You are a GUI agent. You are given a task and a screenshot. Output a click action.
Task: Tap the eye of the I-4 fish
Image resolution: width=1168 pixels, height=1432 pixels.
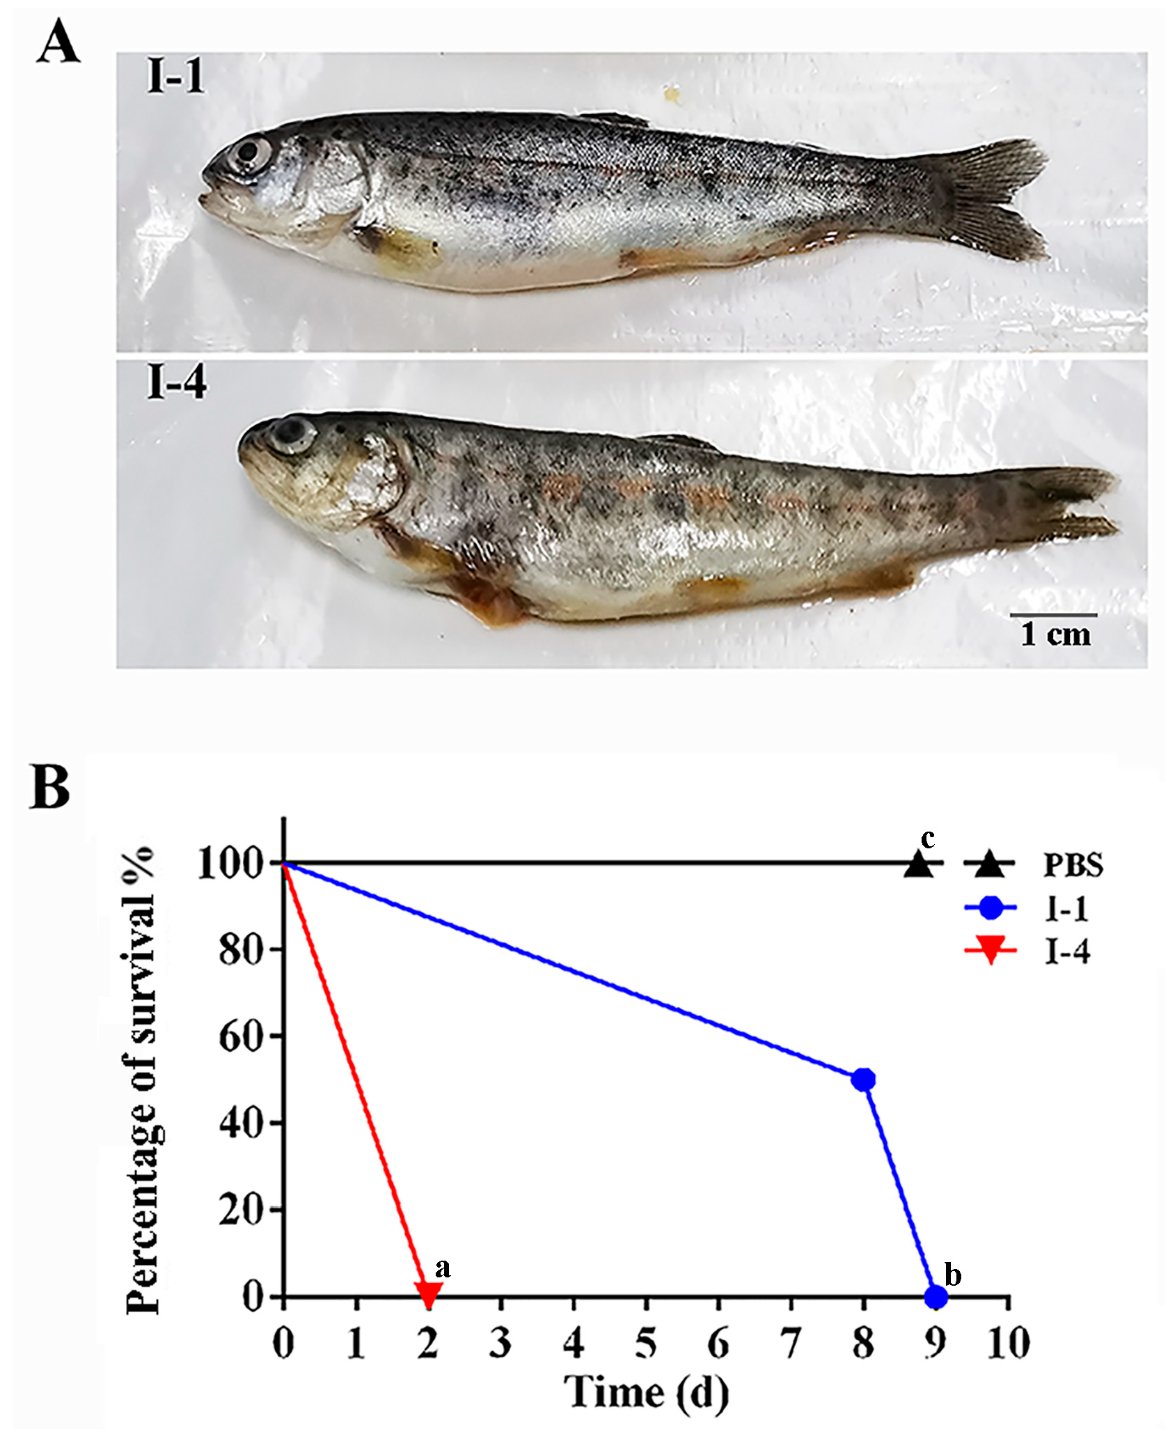pyautogui.click(x=292, y=433)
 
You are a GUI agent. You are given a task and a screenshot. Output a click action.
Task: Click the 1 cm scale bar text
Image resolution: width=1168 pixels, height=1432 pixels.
pyautogui.click(x=1055, y=635)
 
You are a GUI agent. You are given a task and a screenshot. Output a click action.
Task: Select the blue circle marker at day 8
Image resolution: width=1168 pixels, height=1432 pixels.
pyautogui.click(x=863, y=1080)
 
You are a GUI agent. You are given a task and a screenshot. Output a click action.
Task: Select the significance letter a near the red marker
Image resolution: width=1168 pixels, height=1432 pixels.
pyautogui.click(x=443, y=1268)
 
